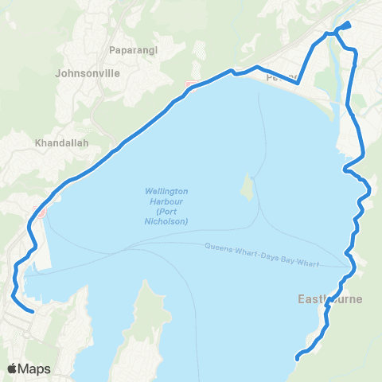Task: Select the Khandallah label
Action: pyautogui.click(x=61, y=143)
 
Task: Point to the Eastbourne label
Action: pyautogui.click(x=330, y=300)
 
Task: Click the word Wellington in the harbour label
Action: pyautogui.click(x=166, y=191)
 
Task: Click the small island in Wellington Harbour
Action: pyautogui.click(x=248, y=188)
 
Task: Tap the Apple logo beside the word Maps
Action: pyautogui.click(x=13, y=368)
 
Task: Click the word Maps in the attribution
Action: pyautogui.click(x=35, y=368)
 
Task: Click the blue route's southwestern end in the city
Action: pyautogui.click(x=32, y=311)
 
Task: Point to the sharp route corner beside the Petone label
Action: pyautogui.click(x=298, y=82)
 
